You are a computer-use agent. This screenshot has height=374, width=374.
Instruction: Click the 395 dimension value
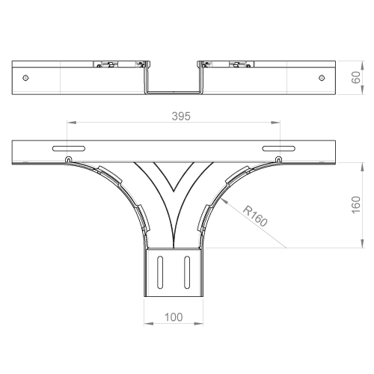[181, 116]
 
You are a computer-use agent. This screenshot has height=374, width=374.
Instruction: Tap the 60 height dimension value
[355, 78]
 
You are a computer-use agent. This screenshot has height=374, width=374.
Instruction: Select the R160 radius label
[255, 216]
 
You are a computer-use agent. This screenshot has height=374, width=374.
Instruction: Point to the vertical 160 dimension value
[356, 205]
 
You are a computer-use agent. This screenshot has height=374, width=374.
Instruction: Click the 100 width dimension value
[174, 317]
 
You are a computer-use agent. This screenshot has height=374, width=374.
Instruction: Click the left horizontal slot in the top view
[69, 149]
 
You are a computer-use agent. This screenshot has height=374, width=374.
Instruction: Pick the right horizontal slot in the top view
[279, 149]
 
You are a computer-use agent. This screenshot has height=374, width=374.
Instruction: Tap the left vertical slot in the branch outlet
[160, 272]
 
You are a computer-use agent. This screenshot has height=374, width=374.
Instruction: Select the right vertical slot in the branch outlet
[187, 272]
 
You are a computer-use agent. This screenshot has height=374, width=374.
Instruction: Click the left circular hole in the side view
[25, 78]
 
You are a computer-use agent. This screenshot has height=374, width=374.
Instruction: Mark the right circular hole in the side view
[322, 78]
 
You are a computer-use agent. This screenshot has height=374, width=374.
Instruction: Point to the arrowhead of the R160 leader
[224, 201]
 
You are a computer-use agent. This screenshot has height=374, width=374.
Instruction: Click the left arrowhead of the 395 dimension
[71, 123]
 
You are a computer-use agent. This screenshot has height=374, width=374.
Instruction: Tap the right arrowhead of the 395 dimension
[275, 123]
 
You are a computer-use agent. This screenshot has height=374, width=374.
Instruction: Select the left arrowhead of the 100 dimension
[148, 324]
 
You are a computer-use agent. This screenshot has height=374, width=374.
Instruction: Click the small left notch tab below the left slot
[68, 159]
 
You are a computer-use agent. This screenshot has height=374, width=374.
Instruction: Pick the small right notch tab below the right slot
[279, 159]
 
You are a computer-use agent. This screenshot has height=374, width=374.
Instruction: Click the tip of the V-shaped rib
[174, 191]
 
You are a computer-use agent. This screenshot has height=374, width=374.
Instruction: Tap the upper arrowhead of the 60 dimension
[362, 65]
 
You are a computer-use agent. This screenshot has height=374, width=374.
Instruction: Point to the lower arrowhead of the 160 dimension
[362, 243]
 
